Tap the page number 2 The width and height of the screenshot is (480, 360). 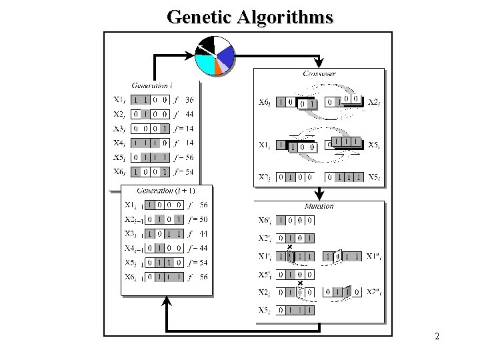coord(437,337)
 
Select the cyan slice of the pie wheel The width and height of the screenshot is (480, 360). coord(207,65)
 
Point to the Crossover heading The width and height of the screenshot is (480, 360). coord(319,73)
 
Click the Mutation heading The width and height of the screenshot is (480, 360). coord(319,206)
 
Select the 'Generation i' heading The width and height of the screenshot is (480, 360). coord(153,85)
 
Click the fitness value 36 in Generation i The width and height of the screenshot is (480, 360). coord(189,100)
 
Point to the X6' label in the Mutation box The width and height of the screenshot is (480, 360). coord(265,220)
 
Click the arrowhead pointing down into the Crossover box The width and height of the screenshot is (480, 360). coord(319,63)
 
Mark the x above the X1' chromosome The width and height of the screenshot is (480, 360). coord(289,248)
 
